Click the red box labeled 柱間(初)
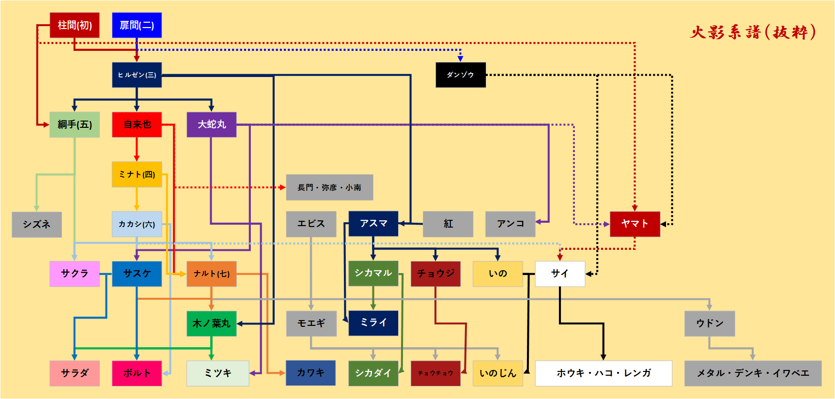coord(75,25)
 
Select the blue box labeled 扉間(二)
coord(137,25)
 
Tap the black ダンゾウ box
coord(460,75)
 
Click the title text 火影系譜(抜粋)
coord(753,32)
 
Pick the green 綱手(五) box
coord(75,124)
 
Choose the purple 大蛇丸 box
coord(212,124)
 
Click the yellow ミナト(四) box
coord(137,174)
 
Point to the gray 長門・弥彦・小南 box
coord(329,187)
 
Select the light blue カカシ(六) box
coord(137,224)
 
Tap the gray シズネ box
coord(37,224)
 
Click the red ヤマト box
coord(634,224)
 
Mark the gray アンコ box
coord(510,224)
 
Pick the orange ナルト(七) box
coord(212,274)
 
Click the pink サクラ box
coord(75,274)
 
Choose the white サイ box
coord(560,274)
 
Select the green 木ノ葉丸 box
coord(212,323)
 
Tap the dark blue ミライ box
coord(373,323)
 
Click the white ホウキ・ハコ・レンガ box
coord(603,373)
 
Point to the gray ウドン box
coord(710,323)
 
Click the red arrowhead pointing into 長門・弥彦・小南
coord(282,187)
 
